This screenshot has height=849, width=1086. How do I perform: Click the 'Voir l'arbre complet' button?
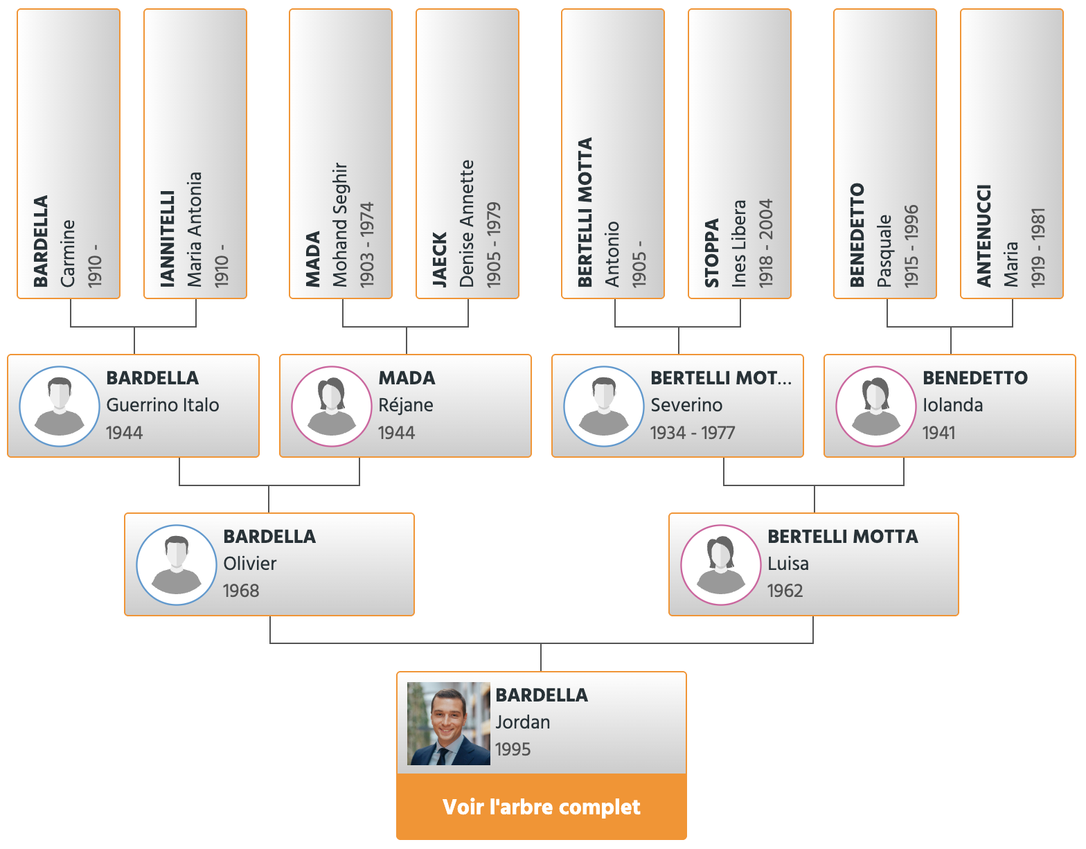(541, 807)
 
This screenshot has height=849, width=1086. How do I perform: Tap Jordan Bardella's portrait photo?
(448, 723)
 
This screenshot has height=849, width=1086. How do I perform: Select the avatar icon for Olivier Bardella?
(177, 564)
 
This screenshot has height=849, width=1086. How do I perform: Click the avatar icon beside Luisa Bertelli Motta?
(721, 564)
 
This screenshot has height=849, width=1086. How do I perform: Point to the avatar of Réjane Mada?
(331, 406)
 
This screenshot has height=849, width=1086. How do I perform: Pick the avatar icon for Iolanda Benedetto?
(875, 406)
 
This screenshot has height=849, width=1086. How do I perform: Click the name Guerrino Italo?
(163, 404)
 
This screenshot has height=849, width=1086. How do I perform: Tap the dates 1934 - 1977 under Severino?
(692, 432)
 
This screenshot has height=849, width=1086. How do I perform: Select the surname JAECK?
(439, 260)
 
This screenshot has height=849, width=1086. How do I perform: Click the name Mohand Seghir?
(340, 224)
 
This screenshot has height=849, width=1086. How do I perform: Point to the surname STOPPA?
(711, 253)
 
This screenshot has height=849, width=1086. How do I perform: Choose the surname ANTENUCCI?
(983, 236)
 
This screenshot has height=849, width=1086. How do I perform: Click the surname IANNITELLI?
(167, 239)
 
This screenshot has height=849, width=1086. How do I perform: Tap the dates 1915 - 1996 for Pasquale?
(911, 247)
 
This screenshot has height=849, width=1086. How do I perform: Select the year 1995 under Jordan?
(513, 749)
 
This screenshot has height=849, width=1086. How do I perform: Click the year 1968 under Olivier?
(241, 591)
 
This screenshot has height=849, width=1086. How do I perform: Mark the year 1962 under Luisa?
(785, 591)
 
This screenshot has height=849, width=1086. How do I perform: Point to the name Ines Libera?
(738, 244)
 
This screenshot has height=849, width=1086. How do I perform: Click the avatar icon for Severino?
(604, 406)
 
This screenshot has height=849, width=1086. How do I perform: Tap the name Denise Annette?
(466, 224)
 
